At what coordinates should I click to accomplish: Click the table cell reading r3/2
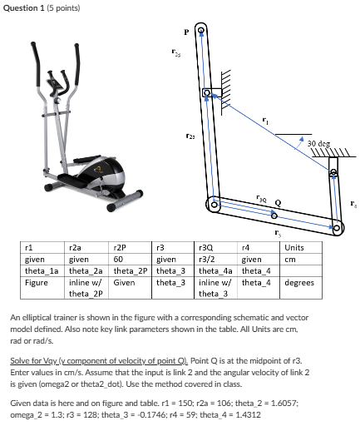207,259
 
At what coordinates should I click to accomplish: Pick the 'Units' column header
294,247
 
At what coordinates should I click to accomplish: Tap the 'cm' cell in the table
288,259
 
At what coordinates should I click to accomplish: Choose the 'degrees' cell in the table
298,282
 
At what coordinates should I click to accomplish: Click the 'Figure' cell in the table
37,282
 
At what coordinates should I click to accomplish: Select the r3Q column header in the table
208,247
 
